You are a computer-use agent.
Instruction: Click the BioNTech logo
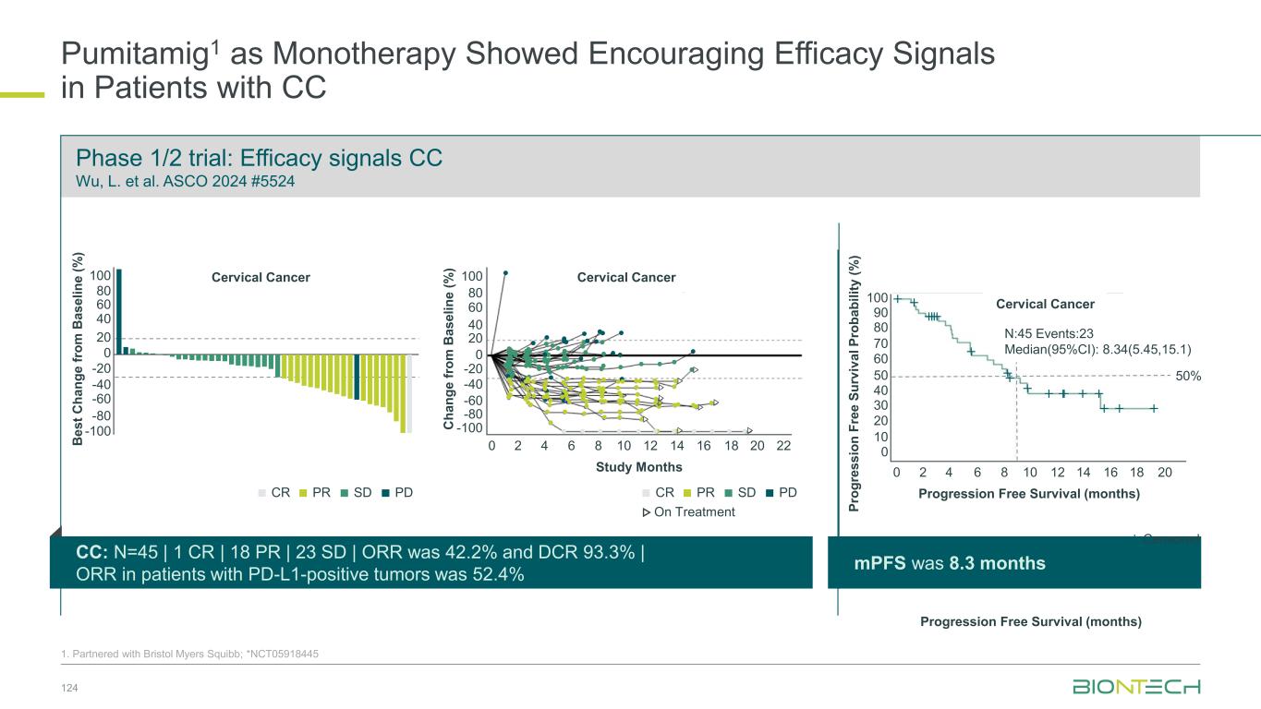(x=1136, y=687)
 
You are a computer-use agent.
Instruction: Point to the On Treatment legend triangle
(x=646, y=512)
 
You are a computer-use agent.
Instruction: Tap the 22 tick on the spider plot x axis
(x=784, y=446)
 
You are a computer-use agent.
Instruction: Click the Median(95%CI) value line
(x=1097, y=350)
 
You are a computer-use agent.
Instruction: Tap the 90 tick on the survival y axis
(x=880, y=313)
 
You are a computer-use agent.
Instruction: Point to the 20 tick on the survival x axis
(x=1165, y=472)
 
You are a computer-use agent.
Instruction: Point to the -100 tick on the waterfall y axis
(x=98, y=431)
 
